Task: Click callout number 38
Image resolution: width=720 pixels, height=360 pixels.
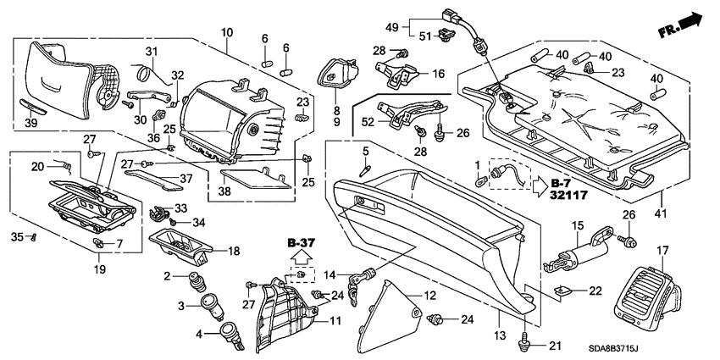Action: click(x=224, y=193)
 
